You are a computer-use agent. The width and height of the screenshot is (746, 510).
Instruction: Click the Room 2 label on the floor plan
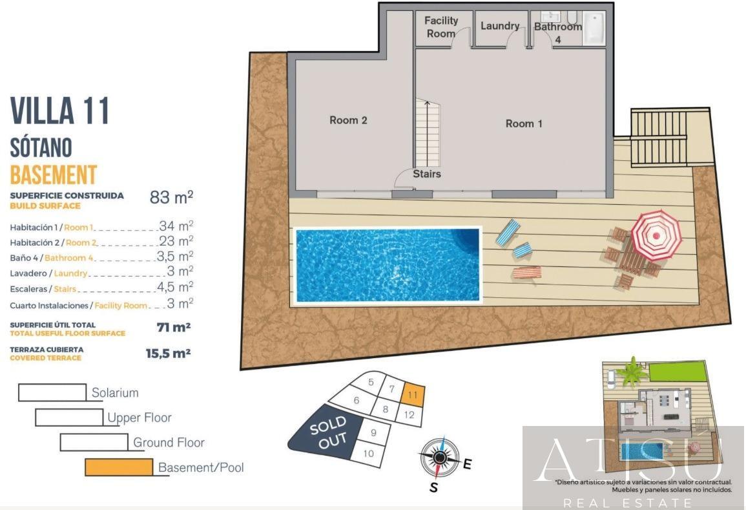pyautogui.click(x=348, y=120)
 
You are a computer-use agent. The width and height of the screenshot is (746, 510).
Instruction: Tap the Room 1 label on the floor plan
pyautogui.click(x=524, y=123)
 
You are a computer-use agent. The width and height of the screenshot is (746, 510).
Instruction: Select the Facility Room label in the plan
pyautogui.click(x=441, y=27)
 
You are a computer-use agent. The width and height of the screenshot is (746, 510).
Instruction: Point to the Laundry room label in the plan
pyautogui.click(x=500, y=26)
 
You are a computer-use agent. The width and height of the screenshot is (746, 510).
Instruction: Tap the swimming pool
pyautogui.click(x=388, y=264)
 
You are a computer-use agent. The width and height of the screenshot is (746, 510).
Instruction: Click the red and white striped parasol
pyautogui.click(x=656, y=234)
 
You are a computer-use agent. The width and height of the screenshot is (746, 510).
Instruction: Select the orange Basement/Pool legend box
pyautogui.click(x=119, y=467)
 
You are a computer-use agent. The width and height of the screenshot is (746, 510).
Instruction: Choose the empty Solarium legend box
pyautogui.click(x=52, y=392)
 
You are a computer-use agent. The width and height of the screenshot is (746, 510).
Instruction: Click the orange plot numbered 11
pyautogui.click(x=413, y=394)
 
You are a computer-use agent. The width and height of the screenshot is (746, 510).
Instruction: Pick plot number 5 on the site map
pyautogui.click(x=371, y=382)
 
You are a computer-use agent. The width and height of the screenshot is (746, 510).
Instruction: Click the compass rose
pyautogui.click(x=440, y=457)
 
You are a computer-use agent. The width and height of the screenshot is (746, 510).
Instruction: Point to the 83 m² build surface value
pyautogui.click(x=171, y=198)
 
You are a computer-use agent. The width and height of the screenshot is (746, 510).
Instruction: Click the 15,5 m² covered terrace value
pyautogui.click(x=168, y=353)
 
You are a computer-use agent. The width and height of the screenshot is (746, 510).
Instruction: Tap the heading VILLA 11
pyautogui.click(x=60, y=111)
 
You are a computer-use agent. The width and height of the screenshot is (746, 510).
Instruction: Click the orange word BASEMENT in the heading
pyautogui.click(x=54, y=175)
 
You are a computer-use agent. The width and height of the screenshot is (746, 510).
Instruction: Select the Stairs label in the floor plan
pyautogui.click(x=427, y=174)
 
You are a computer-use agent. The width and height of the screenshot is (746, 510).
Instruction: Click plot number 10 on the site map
pyautogui.click(x=368, y=453)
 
